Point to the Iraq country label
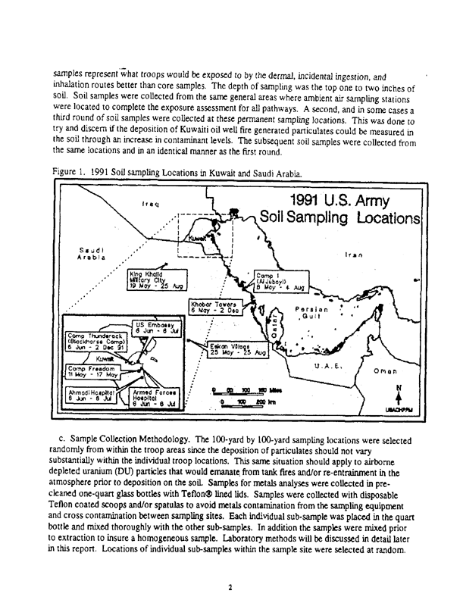[x=149, y=205]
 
